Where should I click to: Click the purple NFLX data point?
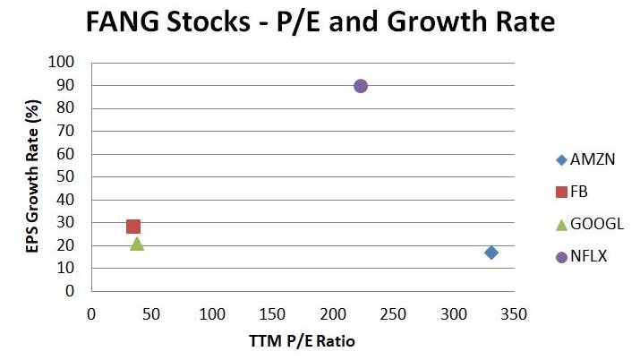coord(361,86)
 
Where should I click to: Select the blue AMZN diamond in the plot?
coord(491,253)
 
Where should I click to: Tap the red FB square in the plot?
coord(133,227)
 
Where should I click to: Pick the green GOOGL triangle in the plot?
coord(137,243)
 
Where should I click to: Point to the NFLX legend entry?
coord(582,257)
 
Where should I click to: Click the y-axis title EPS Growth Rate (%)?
coord(32,176)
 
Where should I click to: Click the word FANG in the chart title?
coord(124,24)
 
